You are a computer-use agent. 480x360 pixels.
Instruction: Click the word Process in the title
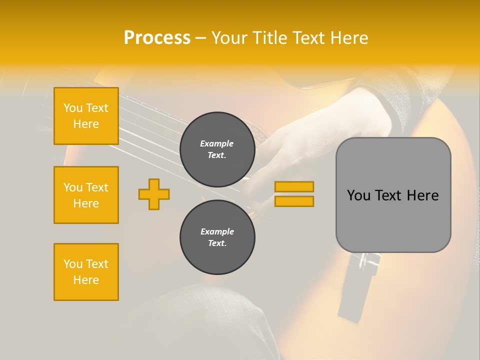157,38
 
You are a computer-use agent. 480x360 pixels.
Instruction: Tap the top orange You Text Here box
86,116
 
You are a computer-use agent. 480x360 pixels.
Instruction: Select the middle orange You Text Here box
86,195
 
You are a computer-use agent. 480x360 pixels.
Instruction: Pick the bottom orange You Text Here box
86,272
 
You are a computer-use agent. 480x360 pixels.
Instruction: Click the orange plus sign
154,194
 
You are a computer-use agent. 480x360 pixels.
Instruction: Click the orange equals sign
294,194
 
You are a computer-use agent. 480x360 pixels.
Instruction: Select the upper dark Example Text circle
217,149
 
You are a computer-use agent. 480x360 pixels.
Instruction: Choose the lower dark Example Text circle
217,237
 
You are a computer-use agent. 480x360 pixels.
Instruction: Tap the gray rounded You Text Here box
393,195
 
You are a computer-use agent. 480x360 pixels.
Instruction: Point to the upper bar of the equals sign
294,187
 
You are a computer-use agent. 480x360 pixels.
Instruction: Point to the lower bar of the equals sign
294,201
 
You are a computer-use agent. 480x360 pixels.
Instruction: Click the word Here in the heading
348,38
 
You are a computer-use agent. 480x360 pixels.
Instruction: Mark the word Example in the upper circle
216,143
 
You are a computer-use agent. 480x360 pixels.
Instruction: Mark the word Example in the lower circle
217,231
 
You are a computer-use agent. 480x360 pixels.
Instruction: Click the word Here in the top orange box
86,124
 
